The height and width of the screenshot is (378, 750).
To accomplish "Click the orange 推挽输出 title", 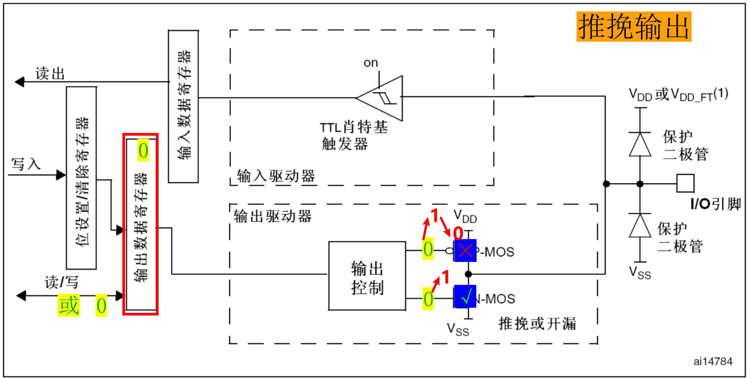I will point(633,27).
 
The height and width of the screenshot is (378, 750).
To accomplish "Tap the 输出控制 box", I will point(367,276).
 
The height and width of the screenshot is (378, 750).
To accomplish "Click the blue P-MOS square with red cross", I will point(465,250).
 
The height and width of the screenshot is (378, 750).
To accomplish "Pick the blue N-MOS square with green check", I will point(465,297).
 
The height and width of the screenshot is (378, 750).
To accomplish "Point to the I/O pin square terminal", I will point(685,183).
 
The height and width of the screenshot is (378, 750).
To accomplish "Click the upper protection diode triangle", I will point(640,144).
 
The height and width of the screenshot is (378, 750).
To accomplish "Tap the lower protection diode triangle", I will point(640,226).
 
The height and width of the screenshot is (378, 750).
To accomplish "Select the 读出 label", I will point(50,74).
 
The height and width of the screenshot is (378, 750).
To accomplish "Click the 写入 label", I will point(26,164).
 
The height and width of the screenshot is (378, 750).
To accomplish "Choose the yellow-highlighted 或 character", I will point(69,306).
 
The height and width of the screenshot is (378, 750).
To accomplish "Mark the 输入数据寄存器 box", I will point(183,106).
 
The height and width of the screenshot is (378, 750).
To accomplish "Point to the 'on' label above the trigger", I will point(371,63).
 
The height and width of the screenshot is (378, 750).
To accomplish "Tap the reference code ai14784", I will point(712,361).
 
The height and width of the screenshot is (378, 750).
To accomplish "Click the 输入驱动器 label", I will point(276,176).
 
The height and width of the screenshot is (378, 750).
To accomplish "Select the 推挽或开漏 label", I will point(537,324).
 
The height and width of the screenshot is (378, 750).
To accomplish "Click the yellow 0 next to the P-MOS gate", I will point(428,249).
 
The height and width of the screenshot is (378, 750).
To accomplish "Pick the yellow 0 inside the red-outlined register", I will point(143,151).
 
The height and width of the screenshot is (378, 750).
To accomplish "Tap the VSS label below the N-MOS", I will point(458,330).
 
